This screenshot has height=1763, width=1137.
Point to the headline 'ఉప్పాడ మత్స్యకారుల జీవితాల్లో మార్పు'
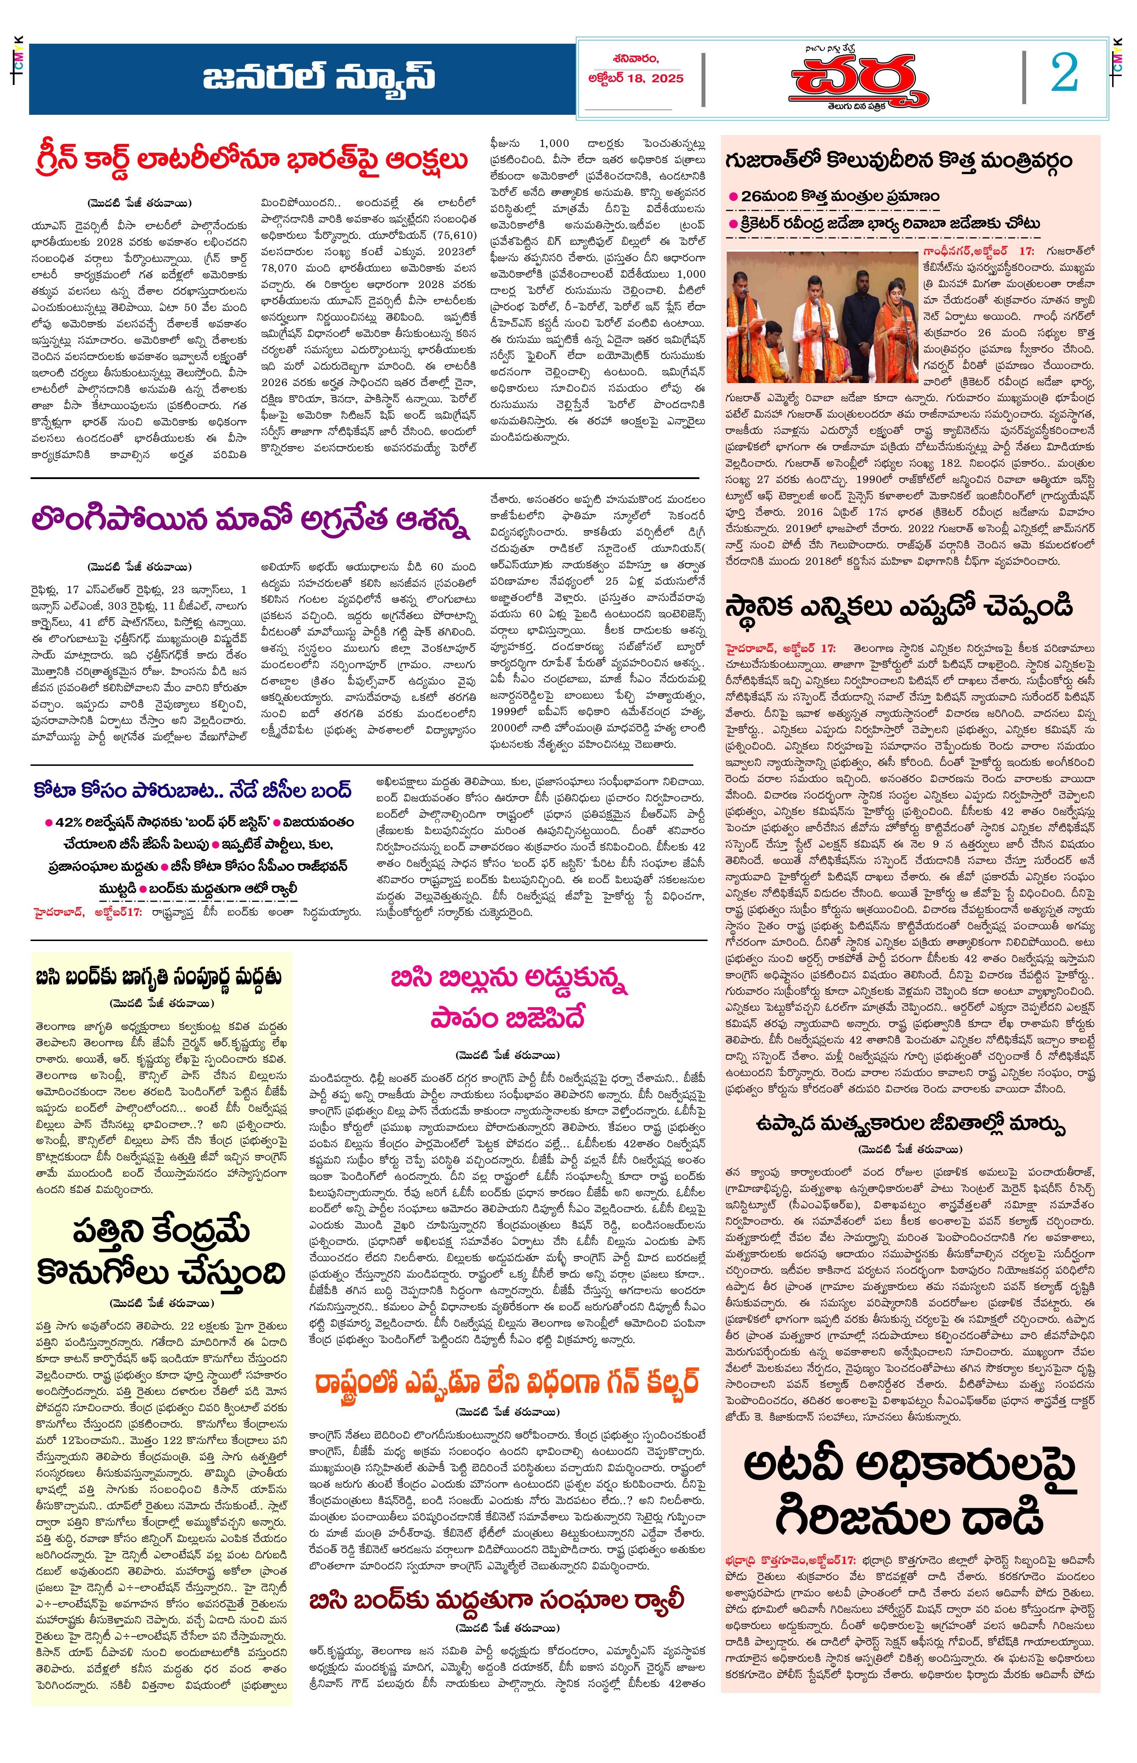[910, 1124]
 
